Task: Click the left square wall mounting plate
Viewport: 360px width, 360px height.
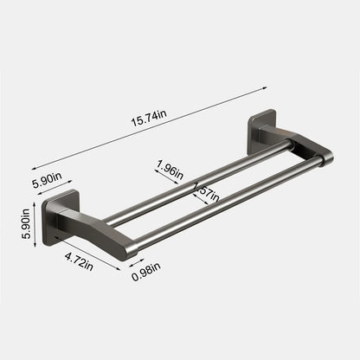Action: coord(61,211)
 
